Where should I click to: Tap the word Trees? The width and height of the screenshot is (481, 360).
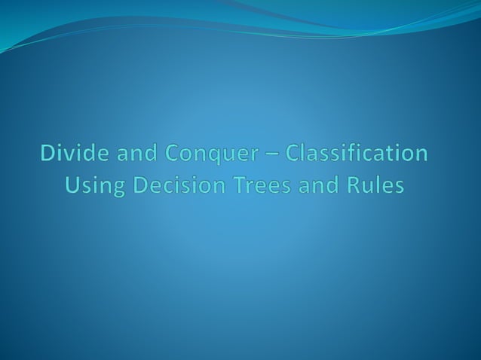[x=245, y=185]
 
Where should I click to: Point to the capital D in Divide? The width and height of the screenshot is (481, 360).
[x=48, y=154]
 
